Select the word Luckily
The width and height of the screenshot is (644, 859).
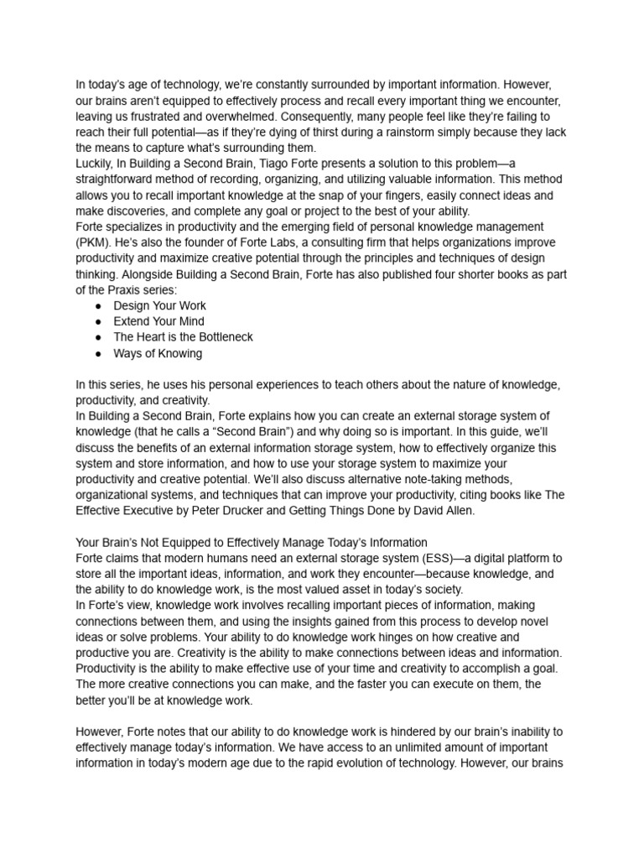tap(95, 164)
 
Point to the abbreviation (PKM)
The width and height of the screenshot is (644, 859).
tap(93, 242)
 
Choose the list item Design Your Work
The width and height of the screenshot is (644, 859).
tap(159, 305)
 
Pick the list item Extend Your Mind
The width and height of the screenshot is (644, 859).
tap(158, 321)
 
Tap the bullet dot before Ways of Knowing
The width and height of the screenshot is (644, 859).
tap(98, 353)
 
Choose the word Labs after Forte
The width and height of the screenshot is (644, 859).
tap(301, 242)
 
